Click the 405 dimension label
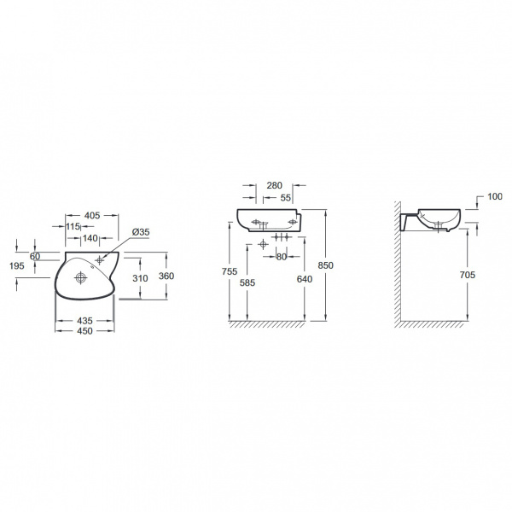click(x=92, y=216)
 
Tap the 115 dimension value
click(x=73, y=226)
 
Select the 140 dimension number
click(x=90, y=238)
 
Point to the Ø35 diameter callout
click(x=141, y=232)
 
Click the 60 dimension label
click(x=35, y=256)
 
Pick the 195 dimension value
click(x=17, y=266)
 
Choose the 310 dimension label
click(x=140, y=278)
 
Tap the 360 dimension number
click(x=166, y=276)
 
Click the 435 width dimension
click(x=84, y=321)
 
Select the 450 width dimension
click(x=84, y=331)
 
